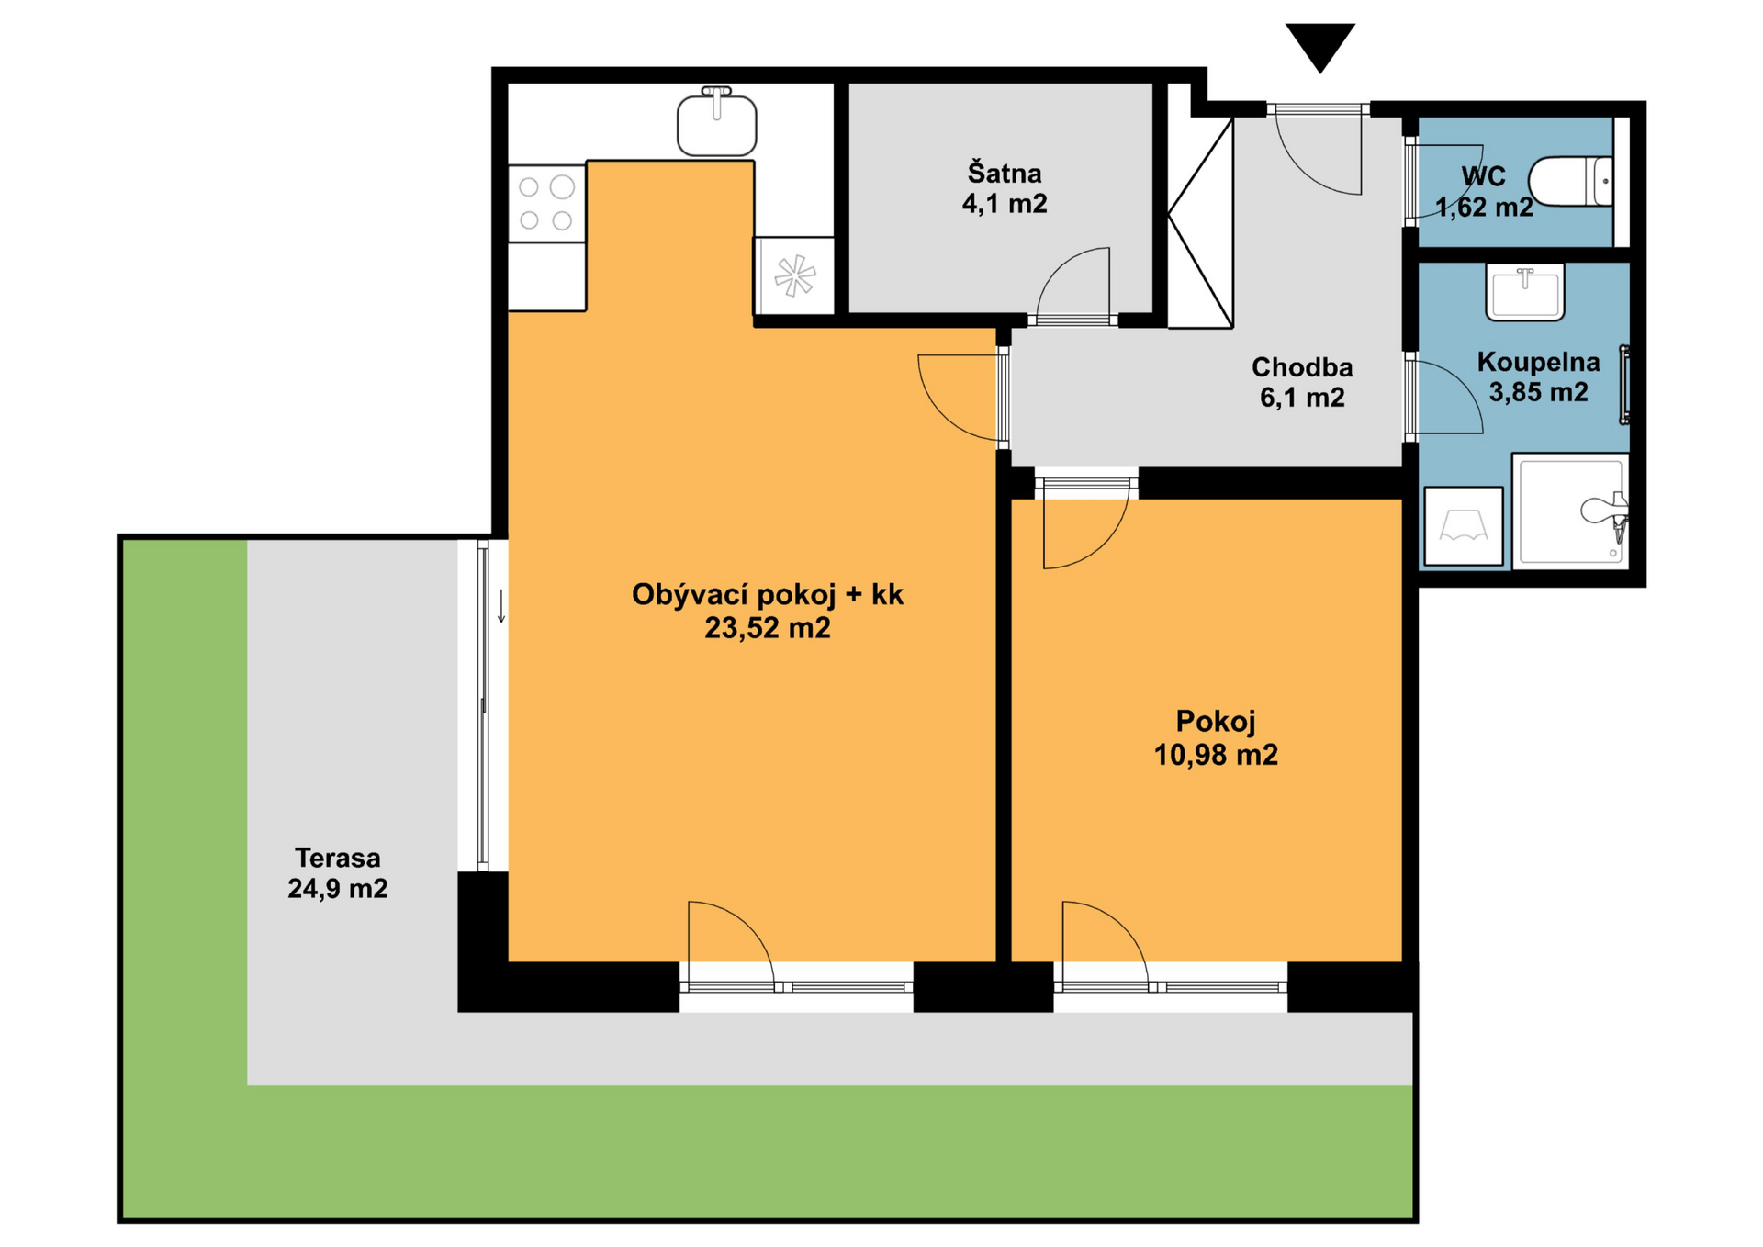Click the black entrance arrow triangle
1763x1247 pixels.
click(1319, 45)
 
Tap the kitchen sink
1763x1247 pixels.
click(716, 122)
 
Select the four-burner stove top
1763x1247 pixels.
click(547, 204)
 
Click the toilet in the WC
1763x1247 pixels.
click(1570, 181)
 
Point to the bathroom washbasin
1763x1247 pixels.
click(1525, 293)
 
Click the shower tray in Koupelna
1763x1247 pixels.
click(1570, 511)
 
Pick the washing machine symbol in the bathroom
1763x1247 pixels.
click(1464, 526)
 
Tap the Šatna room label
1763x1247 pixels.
click(1005, 173)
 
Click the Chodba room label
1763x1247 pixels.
click(1302, 367)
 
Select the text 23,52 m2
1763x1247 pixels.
click(768, 628)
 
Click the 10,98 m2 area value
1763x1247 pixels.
click(1216, 755)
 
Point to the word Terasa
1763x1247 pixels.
click(338, 858)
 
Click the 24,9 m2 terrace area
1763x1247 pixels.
click(338, 889)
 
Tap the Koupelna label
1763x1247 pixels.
click(1539, 362)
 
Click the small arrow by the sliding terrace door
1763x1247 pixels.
click(501, 607)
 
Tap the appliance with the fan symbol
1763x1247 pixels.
click(794, 275)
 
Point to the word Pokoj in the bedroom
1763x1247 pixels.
click(1216, 722)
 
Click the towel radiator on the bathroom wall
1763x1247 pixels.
click(1624, 385)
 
